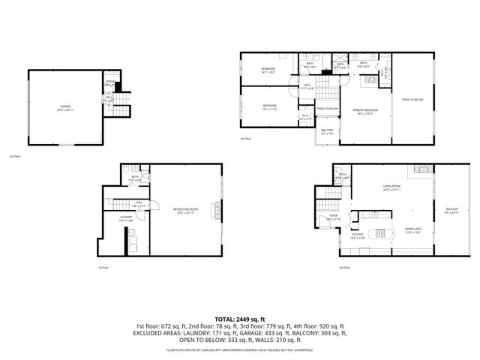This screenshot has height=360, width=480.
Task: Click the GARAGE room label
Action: tap(65, 107)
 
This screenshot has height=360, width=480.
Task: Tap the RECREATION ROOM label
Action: tap(184, 210)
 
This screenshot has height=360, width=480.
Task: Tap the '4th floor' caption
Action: tap(245, 139)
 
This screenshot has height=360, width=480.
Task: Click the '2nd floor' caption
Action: tap(13, 157)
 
